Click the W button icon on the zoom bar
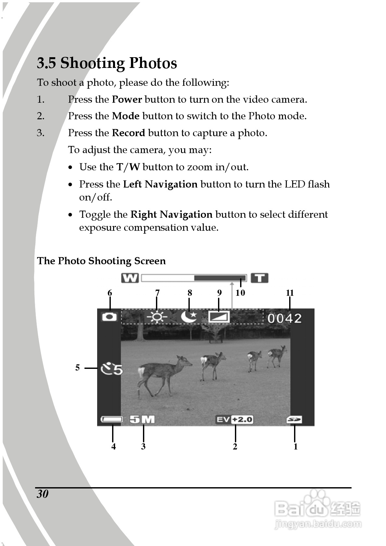point(130,278)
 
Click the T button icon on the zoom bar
point(259,278)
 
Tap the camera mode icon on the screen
point(109,317)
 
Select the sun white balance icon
point(157,317)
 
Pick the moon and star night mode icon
point(189,317)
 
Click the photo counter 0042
point(285,318)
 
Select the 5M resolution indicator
point(142,420)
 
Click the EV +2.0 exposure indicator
point(235,420)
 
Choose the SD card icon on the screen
point(294,420)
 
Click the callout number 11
point(290,293)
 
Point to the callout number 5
point(77,368)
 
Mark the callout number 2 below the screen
point(235,447)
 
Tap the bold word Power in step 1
point(127,99)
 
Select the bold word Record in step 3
point(128,133)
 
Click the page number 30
point(43,494)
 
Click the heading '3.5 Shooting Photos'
point(107,63)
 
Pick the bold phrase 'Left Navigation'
point(160,184)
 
